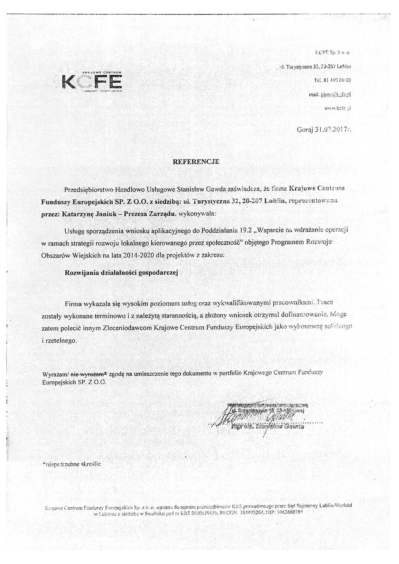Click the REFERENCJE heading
196,162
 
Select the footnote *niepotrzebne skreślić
71,464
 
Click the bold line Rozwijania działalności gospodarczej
121,273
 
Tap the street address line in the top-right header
315,67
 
